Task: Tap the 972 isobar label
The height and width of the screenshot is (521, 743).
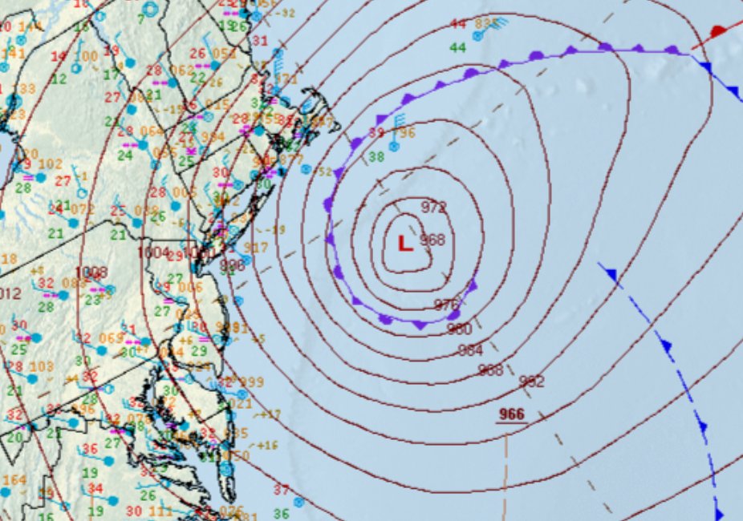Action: (x=433, y=208)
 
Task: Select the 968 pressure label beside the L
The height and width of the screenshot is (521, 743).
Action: (x=432, y=240)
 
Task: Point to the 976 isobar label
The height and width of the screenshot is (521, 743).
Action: (x=446, y=305)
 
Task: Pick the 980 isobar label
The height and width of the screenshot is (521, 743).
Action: (x=459, y=329)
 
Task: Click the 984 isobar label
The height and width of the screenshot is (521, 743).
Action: (x=471, y=350)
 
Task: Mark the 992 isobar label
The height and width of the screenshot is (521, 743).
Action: (x=531, y=382)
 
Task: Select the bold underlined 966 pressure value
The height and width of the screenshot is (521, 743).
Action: (x=511, y=414)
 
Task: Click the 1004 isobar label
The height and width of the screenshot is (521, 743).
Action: (x=153, y=252)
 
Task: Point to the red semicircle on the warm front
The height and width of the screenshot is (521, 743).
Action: (x=718, y=31)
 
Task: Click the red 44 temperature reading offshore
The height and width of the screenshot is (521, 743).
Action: (x=458, y=24)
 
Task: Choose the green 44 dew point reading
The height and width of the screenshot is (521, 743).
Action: (x=458, y=48)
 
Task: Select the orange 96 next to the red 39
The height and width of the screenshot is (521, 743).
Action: (x=407, y=133)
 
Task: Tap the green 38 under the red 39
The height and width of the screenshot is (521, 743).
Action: (x=376, y=157)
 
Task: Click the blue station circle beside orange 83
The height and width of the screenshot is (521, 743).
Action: (x=477, y=36)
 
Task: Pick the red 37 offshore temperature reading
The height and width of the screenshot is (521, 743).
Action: (x=281, y=490)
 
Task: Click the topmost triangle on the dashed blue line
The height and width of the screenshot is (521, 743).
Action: (x=612, y=276)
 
